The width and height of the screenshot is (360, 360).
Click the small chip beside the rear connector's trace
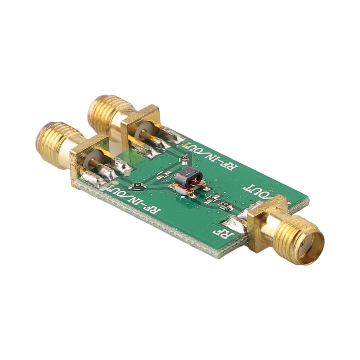click(x=184, y=158)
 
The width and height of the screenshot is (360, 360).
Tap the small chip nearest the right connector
click(x=226, y=206)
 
